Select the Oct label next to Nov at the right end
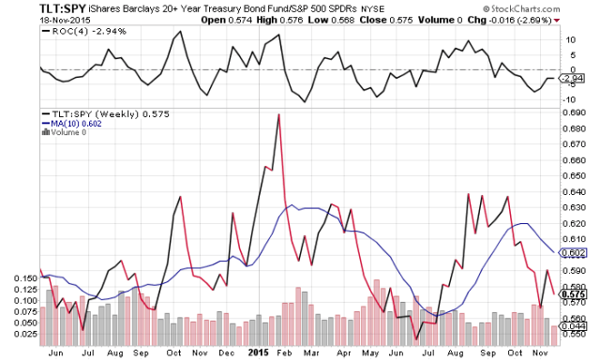click(512, 352)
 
